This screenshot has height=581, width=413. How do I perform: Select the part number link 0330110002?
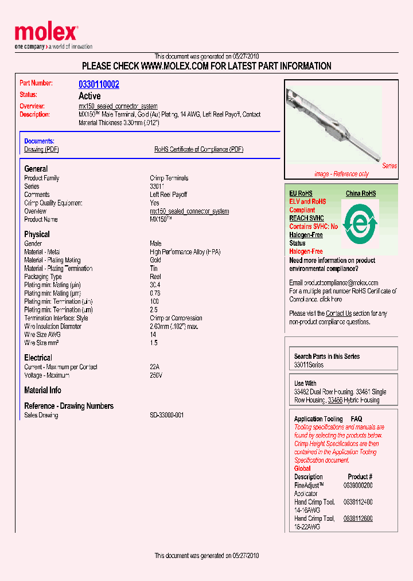99,84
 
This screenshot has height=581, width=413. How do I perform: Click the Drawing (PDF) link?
41,149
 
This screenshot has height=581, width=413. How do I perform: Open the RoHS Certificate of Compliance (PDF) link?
198,149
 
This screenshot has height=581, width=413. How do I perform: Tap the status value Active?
89,96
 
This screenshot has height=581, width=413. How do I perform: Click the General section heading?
36,169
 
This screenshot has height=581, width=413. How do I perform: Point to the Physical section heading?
37,234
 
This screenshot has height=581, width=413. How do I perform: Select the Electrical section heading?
38,358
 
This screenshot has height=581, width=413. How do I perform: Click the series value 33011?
157,187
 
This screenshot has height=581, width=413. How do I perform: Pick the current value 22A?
154,367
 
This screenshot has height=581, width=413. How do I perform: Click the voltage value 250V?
156,375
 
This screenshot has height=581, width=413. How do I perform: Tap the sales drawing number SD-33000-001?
166,415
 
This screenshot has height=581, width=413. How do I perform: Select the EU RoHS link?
301,193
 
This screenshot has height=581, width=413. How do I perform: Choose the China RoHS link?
361,193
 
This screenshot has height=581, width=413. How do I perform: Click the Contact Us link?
338,313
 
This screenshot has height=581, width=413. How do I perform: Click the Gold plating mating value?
155,260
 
